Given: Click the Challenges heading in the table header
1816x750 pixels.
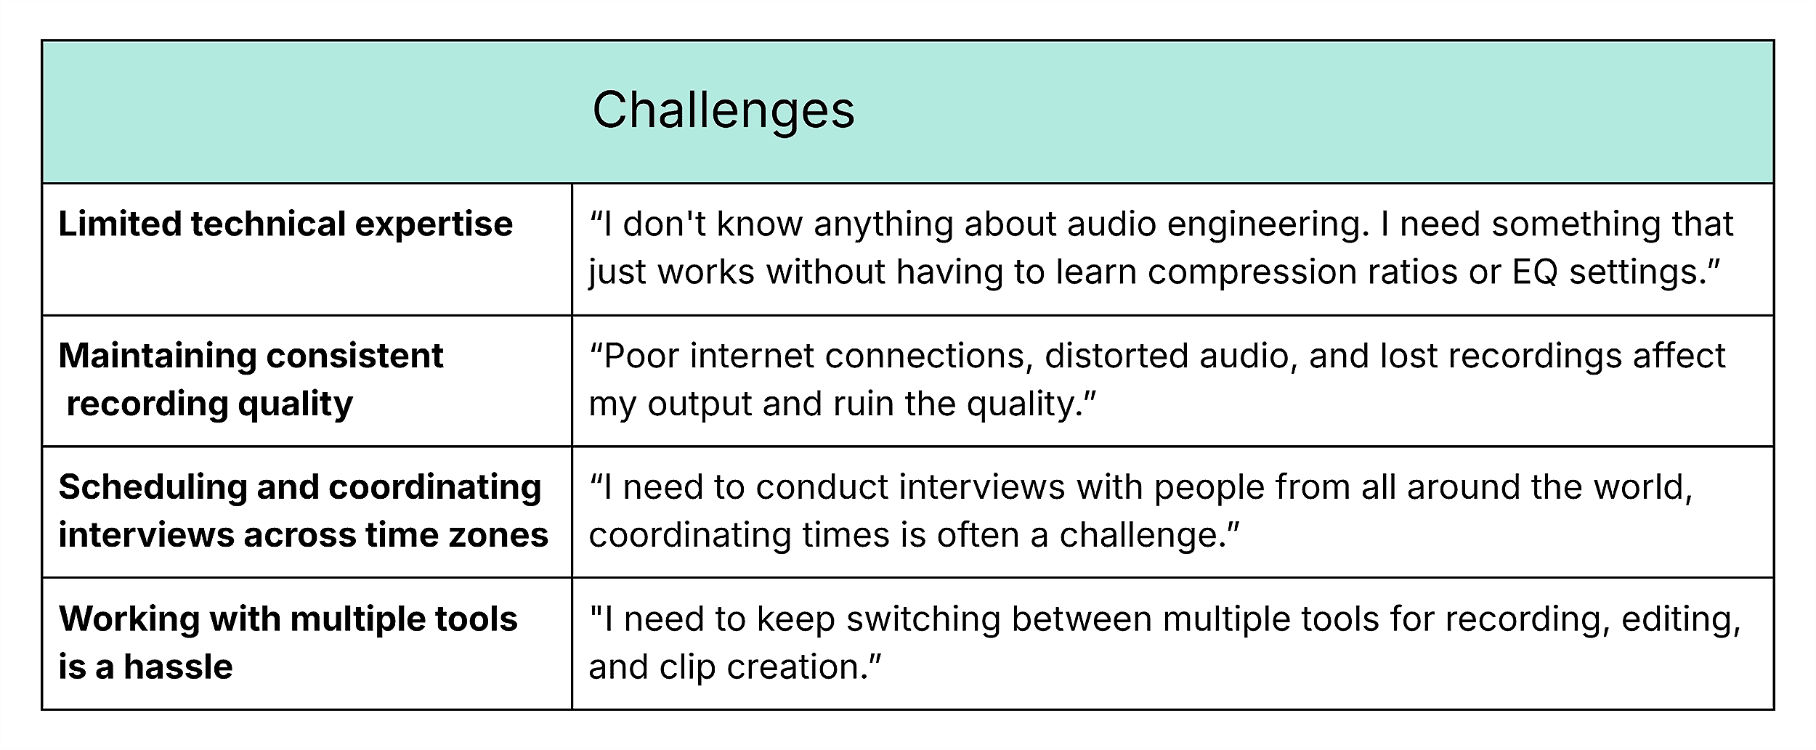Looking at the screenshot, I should pos(723,110).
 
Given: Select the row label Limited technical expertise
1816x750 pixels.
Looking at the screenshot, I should pos(285,224).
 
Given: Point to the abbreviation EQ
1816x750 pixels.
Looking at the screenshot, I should pos(1535,272).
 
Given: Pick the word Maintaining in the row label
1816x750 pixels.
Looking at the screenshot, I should pos(156,356).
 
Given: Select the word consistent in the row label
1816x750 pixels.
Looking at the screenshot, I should pos(354,356).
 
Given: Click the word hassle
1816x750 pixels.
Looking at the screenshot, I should pos(179,667).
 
